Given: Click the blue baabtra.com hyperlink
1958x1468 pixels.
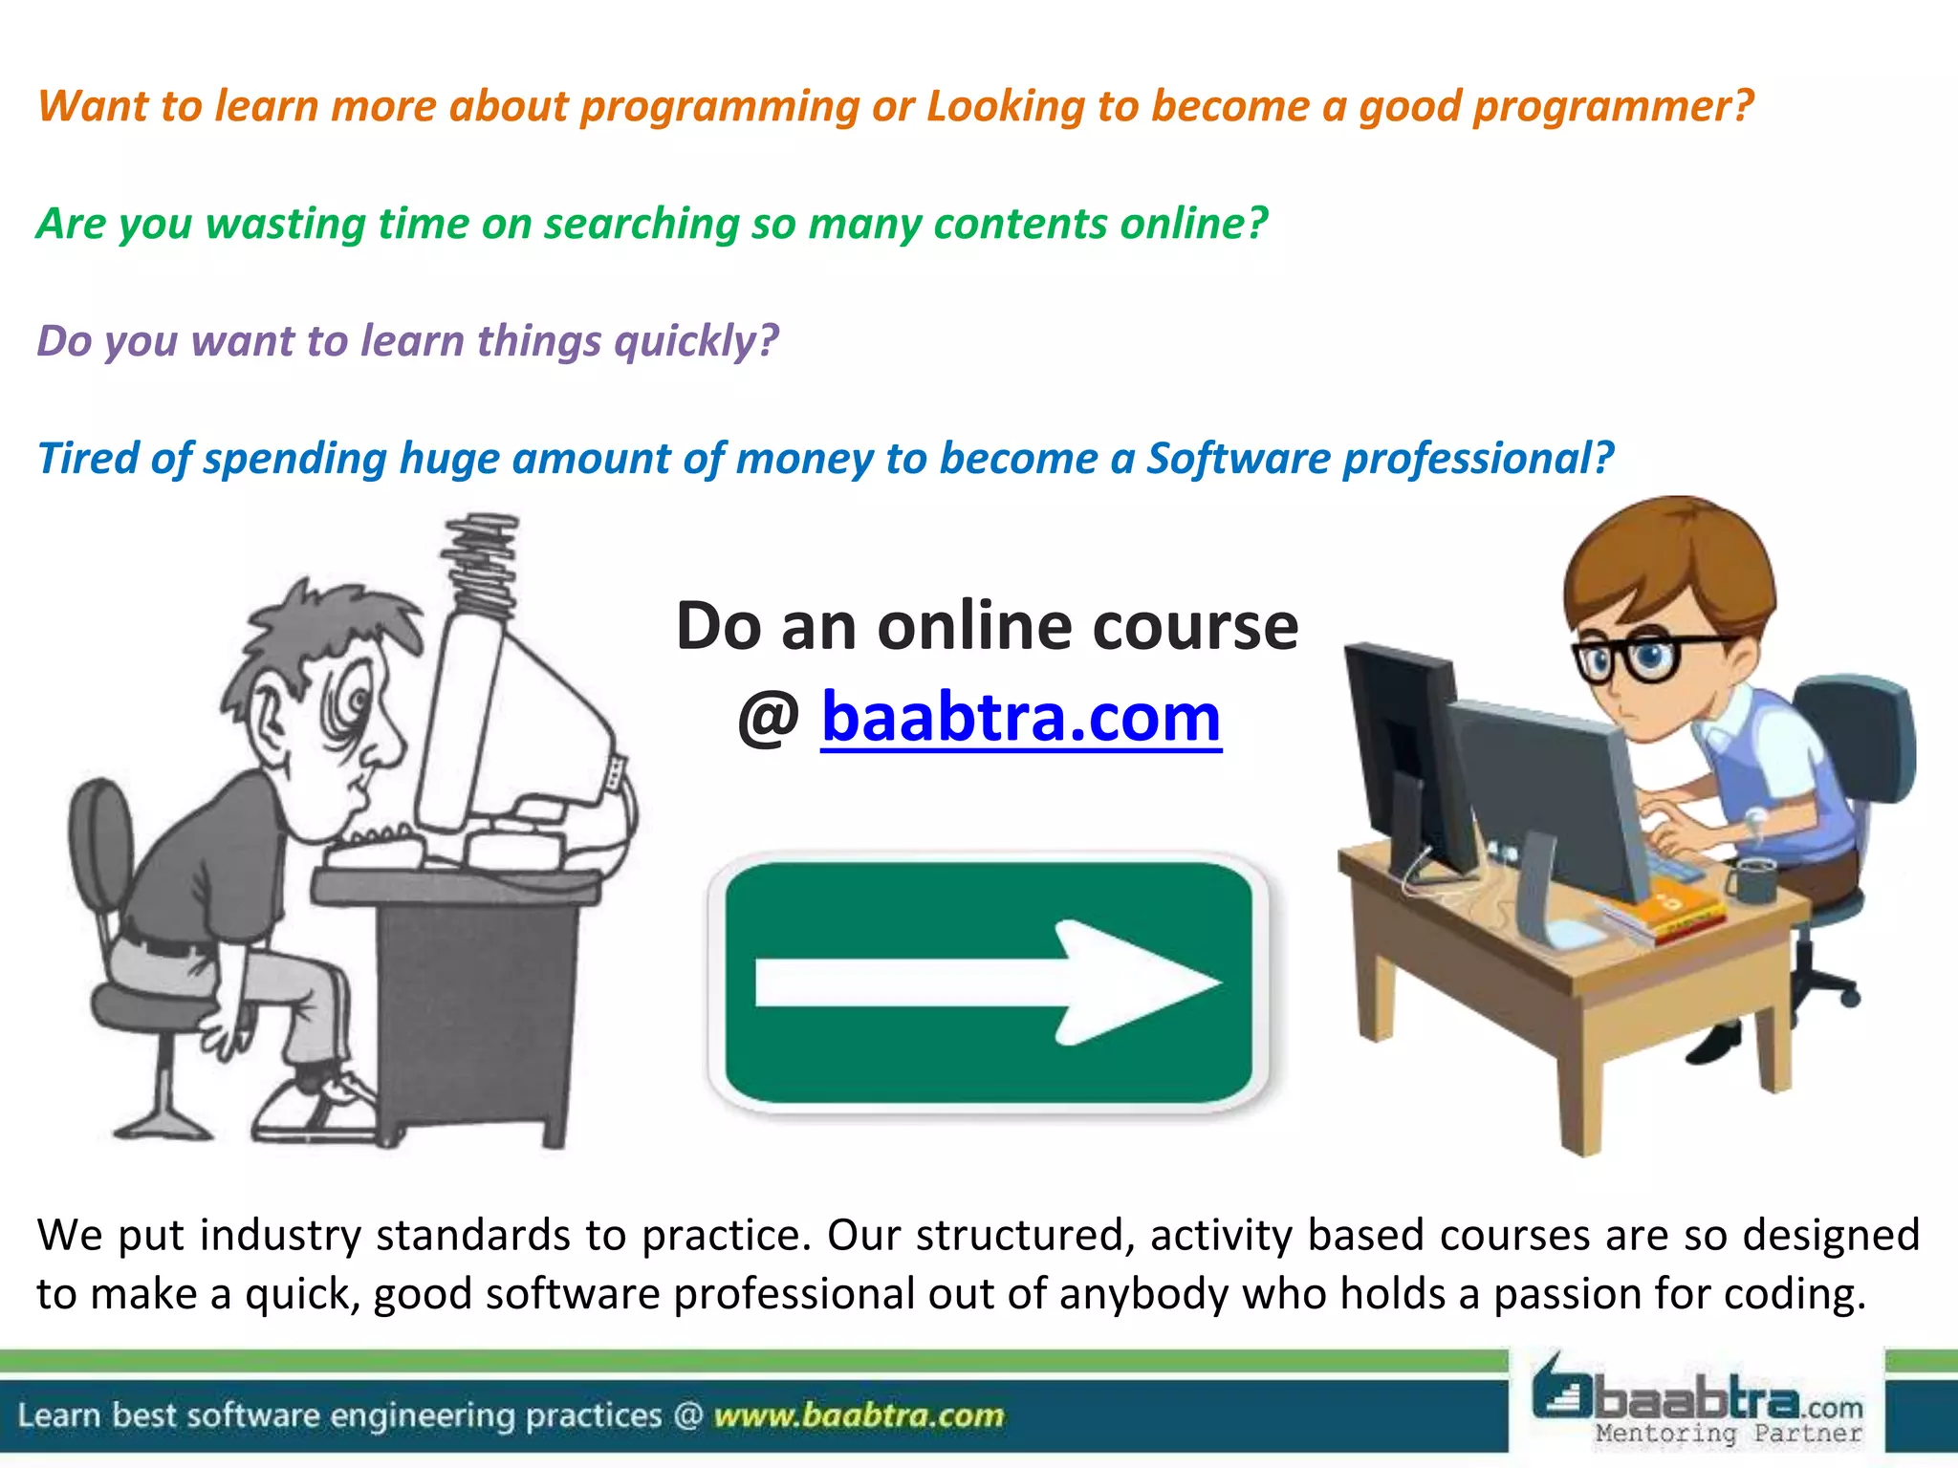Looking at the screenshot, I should coord(1021,717).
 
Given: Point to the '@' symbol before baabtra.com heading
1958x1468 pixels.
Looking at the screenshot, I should coord(768,719).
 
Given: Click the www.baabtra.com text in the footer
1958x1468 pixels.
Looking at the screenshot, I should coord(859,1414).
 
